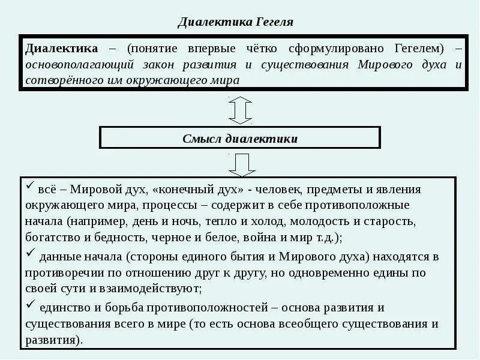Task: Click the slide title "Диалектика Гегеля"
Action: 236,23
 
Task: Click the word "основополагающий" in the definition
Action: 71,64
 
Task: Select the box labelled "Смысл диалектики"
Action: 239,138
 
